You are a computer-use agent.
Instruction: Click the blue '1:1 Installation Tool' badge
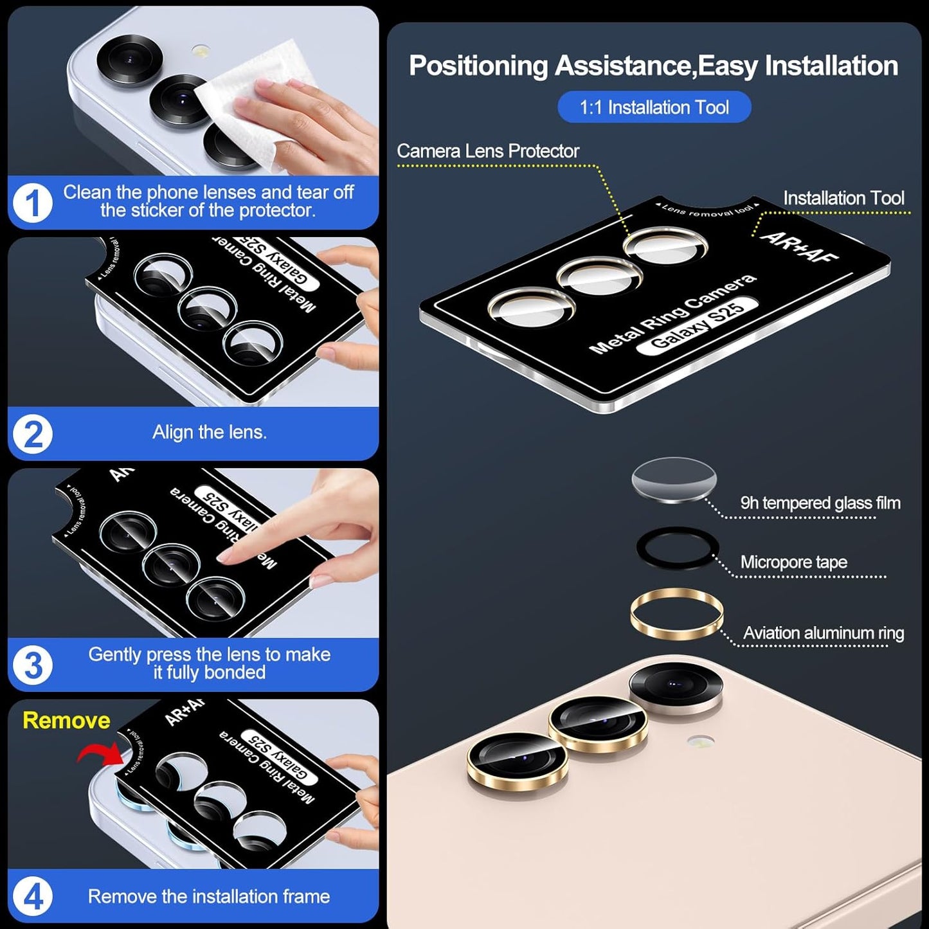tap(654, 107)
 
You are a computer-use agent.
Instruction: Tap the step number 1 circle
tap(32, 203)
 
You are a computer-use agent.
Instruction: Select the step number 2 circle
tap(32, 434)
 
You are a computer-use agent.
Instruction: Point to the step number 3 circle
tap(32, 665)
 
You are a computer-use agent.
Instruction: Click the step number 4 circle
tap(32, 896)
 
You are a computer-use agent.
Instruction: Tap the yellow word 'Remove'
tap(66, 720)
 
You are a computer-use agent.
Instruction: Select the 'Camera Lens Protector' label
tap(487, 151)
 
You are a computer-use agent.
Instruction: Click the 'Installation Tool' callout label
tap(843, 198)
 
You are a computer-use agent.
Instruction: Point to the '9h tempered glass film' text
tap(820, 503)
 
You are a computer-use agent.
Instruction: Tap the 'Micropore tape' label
tap(793, 562)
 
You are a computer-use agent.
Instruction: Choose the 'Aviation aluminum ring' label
tap(823, 633)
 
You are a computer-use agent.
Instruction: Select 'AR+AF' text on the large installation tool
tap(799, 247)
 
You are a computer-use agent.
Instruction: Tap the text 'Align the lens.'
tap(209, 432)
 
